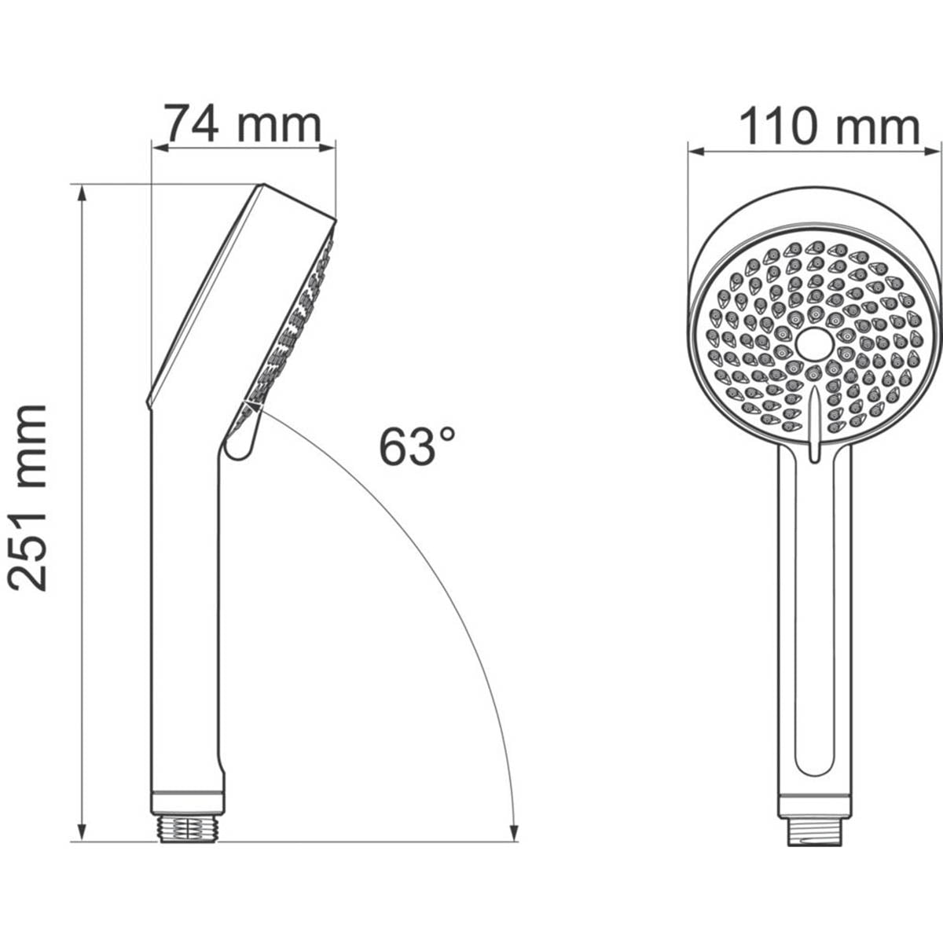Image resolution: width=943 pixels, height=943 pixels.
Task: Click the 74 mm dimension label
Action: tap(243, 124)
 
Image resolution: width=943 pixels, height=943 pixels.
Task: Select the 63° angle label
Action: tap(417, 446)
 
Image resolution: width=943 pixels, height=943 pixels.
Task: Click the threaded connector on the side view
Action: tap(187, 828)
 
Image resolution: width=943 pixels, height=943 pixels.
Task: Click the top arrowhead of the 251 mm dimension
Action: tap(82, 193)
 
